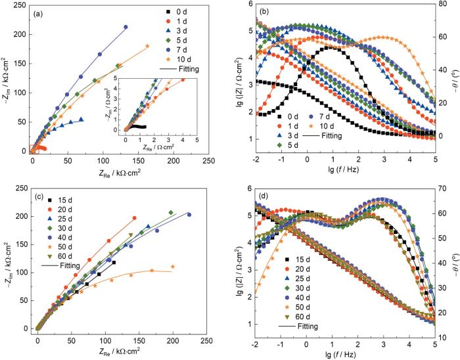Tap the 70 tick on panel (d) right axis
[x=444, y=188]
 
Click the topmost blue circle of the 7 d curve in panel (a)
[x=126, y=27]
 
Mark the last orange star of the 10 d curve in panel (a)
[x=147, y=46]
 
